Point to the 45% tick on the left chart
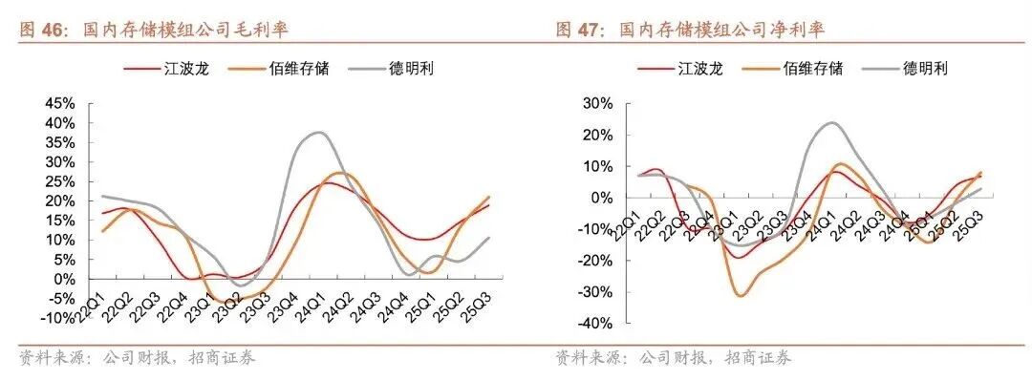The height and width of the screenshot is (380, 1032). click(61, 104)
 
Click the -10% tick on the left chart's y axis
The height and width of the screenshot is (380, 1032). click(58, 318)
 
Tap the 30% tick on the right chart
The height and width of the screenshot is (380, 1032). click(598, 104)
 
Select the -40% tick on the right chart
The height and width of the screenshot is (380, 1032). click(595, 324)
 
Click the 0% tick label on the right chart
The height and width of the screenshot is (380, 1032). click(602, 198)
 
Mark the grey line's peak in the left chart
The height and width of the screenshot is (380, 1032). click(319, 132)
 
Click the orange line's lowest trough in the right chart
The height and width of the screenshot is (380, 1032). click(740, 296)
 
